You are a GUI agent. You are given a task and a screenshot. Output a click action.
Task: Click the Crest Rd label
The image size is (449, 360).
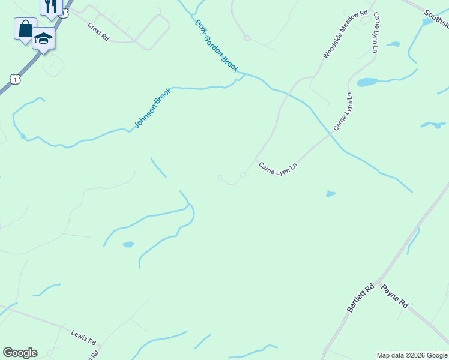click(x=98, y=32)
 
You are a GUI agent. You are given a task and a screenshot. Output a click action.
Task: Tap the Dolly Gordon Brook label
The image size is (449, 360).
click(x=217, y=47)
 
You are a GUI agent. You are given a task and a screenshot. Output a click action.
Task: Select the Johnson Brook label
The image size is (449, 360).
click(x=152, y=109)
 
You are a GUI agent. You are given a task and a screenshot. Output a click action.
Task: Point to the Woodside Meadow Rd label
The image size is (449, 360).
click(x=345, y=34)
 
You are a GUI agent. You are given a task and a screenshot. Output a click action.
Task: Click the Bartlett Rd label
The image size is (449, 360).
click(x=360, y=298)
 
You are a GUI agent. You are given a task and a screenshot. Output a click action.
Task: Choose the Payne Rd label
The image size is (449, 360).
click(x=394, y=296)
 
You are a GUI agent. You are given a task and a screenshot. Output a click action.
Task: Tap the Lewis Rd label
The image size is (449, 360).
click(x=83, y=337)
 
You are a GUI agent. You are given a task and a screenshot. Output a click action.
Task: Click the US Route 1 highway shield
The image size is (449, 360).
click(x=16, y=79)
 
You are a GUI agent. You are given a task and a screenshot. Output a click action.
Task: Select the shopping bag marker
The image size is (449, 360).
click(x=25, y=29)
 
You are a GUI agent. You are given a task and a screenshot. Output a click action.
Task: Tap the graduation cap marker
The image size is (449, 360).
click(x=43, y=38)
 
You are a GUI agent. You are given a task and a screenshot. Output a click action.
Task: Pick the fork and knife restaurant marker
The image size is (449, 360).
click(x=51, y=6)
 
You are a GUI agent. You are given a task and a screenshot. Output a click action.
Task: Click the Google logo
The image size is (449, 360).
click(x=20, y=353)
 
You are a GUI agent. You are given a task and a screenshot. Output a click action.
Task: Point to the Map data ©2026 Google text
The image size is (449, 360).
click(x=412, y=355)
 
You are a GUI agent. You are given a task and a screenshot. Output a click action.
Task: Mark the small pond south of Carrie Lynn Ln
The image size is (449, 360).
click(x=330, y=194)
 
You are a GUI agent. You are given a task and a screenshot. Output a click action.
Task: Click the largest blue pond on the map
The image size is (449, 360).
click(x=367, y=82)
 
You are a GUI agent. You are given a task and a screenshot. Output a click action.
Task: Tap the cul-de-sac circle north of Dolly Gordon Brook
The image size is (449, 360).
click(x=247, y=38)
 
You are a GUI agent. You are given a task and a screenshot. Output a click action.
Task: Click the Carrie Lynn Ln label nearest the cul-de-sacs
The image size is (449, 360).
click(x=278, y=169)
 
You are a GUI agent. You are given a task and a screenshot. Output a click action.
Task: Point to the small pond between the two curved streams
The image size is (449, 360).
click(x=128, y=244)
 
